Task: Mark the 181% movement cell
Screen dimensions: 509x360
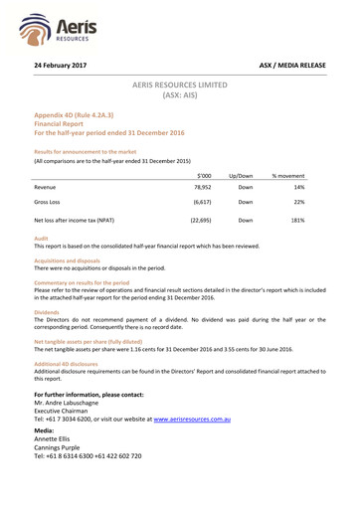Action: click(x=296, y=220)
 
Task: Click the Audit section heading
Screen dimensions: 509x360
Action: click(x=42, y=239)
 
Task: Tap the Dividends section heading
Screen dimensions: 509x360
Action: click(x=49, y=311)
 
